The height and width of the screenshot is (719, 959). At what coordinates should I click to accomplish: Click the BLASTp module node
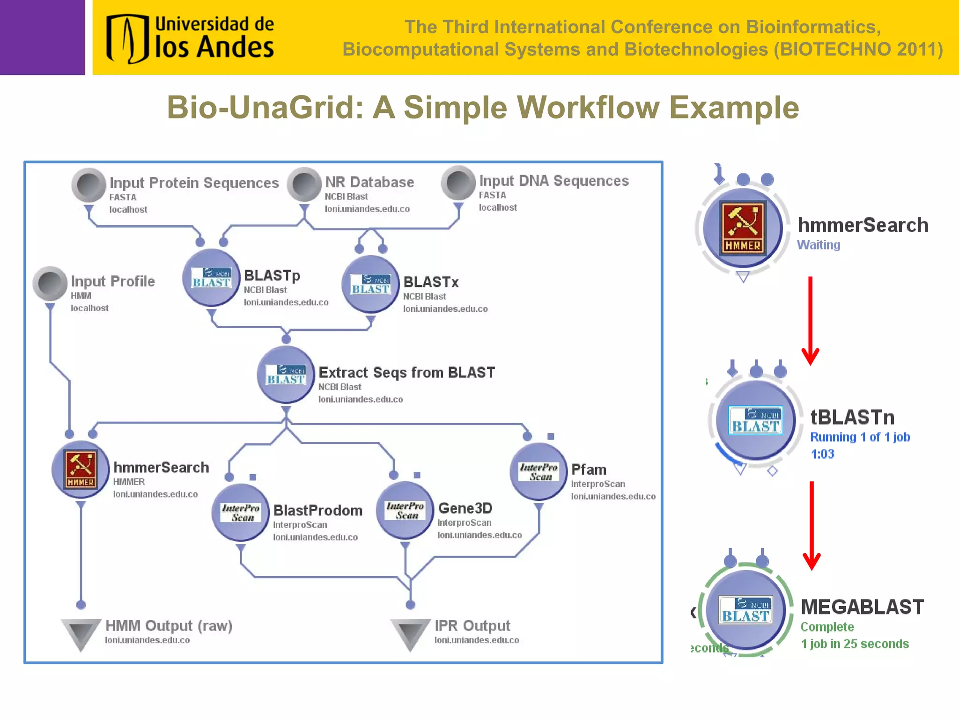click(211, 278)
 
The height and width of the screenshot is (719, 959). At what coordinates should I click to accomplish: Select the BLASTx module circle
click(370, 284)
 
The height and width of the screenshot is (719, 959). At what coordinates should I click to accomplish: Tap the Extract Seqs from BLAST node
click(286, 375)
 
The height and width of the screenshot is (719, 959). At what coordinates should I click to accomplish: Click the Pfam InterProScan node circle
click(538, 471)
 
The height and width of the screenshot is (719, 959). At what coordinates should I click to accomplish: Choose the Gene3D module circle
click(405, 511)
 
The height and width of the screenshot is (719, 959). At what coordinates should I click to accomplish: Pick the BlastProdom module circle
click(241, 513)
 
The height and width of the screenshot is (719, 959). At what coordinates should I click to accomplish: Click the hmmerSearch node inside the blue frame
click(81, 469)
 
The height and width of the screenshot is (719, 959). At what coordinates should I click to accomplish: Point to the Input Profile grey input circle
click(50, 283)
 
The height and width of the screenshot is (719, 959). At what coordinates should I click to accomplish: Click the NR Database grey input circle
click(304, 184)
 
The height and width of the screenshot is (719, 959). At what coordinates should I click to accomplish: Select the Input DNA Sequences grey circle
click(458, 183)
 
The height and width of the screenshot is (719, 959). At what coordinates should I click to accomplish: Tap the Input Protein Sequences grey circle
click(89, 184)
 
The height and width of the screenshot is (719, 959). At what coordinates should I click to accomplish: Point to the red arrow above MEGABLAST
click(811, 524)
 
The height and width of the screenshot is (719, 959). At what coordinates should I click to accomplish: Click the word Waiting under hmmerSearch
click(818, 245)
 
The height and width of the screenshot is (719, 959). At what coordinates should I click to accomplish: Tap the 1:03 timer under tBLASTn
click(822, 454)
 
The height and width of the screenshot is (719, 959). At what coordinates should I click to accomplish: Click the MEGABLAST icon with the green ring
click(745, 610)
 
